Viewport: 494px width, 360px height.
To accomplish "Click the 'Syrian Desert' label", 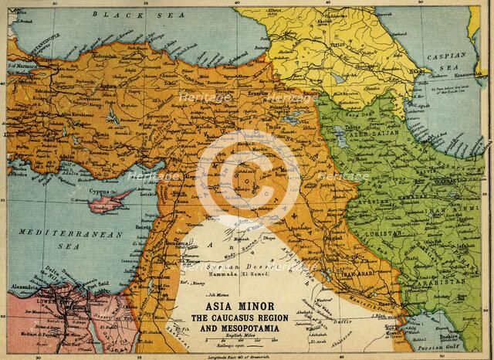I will click(x=231, y=264).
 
